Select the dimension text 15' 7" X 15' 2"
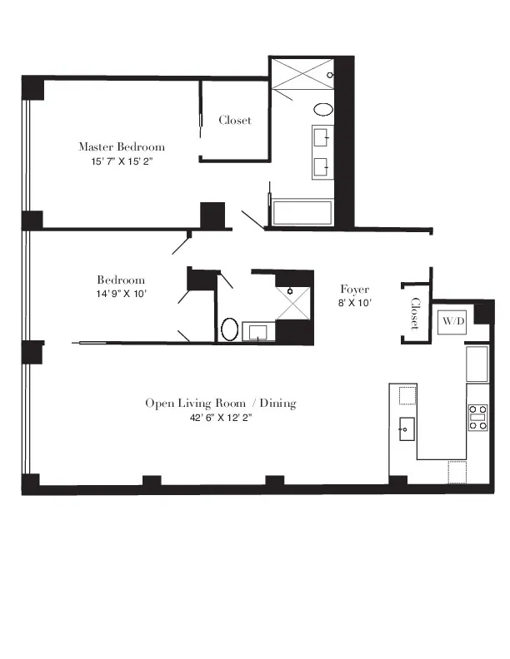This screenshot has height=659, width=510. [x=122, y=161]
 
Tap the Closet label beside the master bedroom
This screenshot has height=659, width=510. [x=234, y=120]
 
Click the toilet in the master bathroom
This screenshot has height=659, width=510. [x=322, y=110]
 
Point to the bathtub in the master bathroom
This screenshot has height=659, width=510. [x=302, y=213]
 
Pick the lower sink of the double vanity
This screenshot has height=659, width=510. [x=322, y=167]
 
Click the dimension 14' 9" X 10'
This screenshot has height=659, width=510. [x=121, y=294]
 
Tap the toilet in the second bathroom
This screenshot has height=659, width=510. [x=230, y=329]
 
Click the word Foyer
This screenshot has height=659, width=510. [x=355, y=289]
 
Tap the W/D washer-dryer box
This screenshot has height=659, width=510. [x=452, y=320]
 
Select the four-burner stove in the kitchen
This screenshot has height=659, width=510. [x=478, y=417]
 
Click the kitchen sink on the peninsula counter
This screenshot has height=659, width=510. [x=407, y=429]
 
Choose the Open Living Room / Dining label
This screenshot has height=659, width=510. [x=221, y=404]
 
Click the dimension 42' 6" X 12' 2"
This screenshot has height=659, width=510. [x=221, y=419]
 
